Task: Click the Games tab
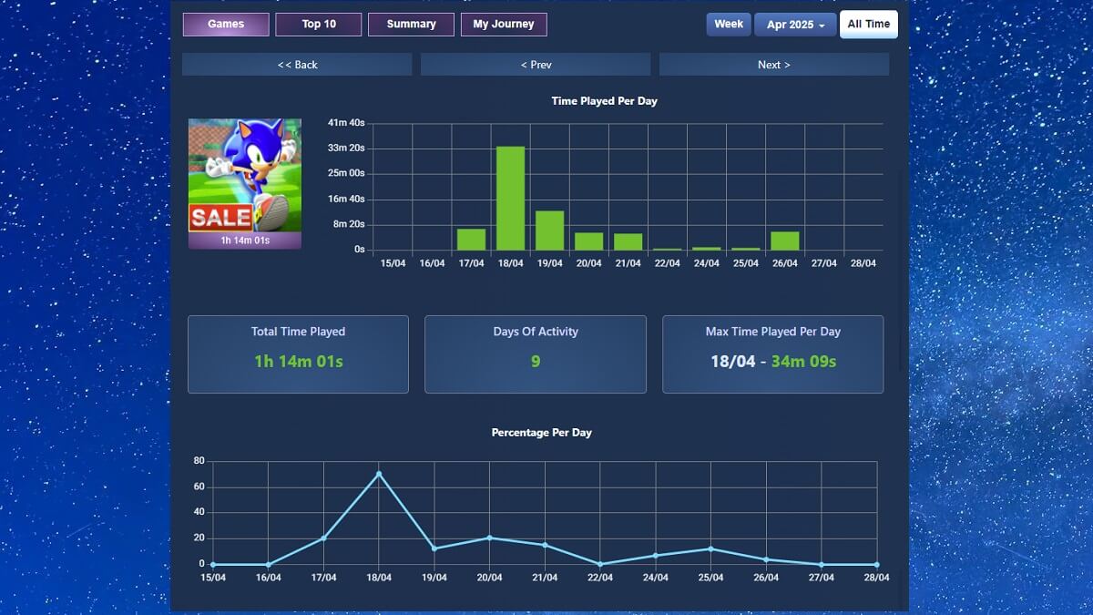point(226,25)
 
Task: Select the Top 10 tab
point(319,25)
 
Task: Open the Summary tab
point(411,25)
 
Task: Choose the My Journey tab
point(504,25)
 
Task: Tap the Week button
point(728,25)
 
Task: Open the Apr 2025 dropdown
point(795,25)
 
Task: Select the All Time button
point(868,25)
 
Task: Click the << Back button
point(297,65)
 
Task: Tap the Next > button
point(773,65)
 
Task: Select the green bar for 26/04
point(784,241)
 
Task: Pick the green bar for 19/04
point(549,231)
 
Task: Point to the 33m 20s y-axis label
point(346,148)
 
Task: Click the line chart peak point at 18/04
point(379,474)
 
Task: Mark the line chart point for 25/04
point(710,548)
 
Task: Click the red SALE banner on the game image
point(220,217)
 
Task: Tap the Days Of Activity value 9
point(536,362)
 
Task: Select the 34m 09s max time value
point(803,362)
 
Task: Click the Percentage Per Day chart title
point(541,433)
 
